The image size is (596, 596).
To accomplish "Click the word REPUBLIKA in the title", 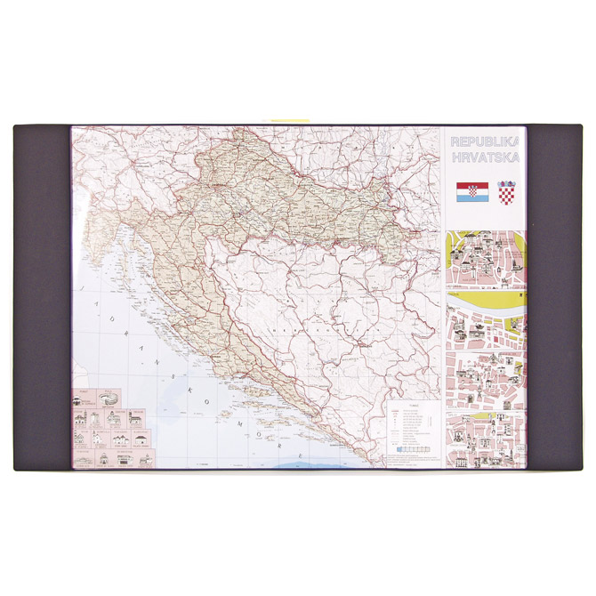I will [x=485, y=141].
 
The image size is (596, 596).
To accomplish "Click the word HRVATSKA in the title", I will [x=485, y=157].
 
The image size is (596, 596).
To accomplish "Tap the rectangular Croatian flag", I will [x=471, y=193].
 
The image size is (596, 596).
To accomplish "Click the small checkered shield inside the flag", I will [x=471, y=192].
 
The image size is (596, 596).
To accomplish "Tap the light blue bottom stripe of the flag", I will [x=471, y=198].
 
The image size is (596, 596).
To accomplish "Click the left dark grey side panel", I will [x=42, y=298].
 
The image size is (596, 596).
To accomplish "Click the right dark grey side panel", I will [x=553, y=298].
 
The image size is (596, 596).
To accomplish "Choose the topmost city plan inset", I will [x=485, y=260].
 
